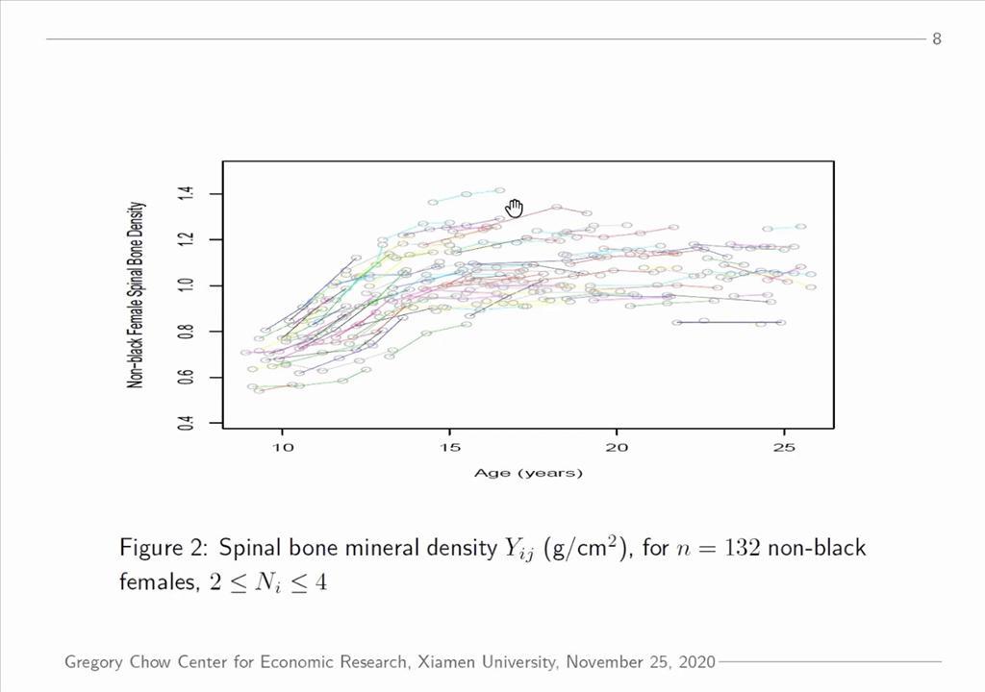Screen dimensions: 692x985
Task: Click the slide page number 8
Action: [x=936, y=38]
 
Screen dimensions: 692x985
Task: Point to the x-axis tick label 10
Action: [x=283, y=448]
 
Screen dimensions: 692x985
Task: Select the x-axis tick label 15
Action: [x=449, y=448]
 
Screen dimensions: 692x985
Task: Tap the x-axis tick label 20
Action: [x=617, y=448]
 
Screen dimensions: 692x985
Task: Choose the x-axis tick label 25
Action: [x=784, y=448]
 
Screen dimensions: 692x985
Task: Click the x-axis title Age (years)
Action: [x=528, y=473]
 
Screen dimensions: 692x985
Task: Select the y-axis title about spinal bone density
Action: [x=137, y=294]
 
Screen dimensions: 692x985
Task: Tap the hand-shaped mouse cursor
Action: [x=514, y=209]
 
